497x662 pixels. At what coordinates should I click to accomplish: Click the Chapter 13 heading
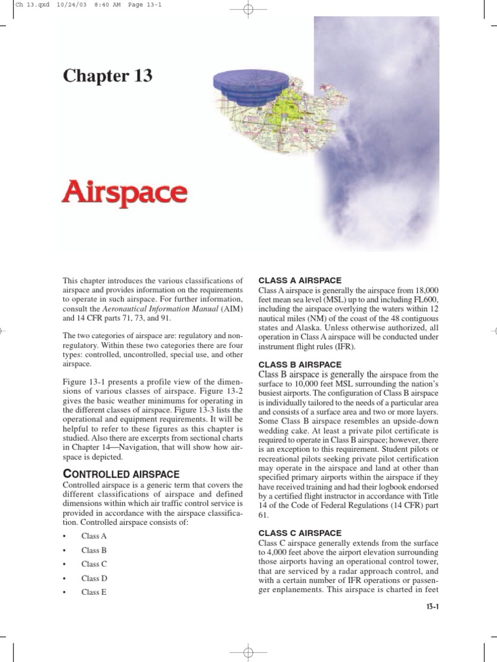click(x=107, y=76)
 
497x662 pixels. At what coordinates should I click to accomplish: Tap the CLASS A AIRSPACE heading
click(x=300, y=281)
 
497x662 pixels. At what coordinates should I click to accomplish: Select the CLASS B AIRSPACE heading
click(x=300, y=365)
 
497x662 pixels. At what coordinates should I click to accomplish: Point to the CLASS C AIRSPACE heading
click(x=300, y=533)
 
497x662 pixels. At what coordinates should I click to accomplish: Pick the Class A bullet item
click(x=94, y=537)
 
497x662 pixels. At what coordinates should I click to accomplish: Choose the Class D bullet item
click(x=94, y=578)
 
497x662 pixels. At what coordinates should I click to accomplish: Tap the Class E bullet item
click(x=94, y=592)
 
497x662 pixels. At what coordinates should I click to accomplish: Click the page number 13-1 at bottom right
click(x=432, y=608)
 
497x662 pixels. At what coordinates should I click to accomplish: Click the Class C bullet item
click(x=94, y=564)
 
